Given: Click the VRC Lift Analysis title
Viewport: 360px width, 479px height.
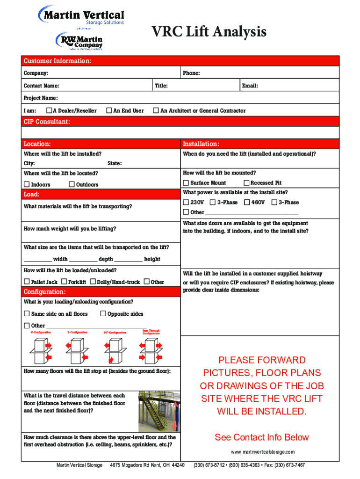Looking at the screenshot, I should point(209,32).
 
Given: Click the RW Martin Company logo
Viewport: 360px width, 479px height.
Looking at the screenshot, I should point(79,41).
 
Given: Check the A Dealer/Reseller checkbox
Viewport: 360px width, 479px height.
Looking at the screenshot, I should point(49,111).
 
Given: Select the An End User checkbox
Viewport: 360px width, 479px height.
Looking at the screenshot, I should point(109,111).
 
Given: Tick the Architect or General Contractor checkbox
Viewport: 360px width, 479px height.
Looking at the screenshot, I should point(156,111).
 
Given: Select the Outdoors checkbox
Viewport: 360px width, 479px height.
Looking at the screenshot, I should point(72,184).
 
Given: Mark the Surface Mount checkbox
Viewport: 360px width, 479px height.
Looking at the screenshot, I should point(186,183).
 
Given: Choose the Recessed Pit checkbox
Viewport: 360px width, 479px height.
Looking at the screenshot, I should point(246,183).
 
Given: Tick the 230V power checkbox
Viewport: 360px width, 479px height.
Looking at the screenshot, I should point(186,203).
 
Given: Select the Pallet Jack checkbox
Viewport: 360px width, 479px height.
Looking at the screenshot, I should point(27,282).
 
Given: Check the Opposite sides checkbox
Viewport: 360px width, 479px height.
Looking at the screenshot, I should point(104,314).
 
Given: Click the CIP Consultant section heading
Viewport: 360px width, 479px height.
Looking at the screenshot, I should point(47,122).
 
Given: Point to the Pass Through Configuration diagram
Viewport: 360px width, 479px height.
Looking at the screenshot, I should point(151,348).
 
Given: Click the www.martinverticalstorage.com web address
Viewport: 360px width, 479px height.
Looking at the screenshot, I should point(263,452).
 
